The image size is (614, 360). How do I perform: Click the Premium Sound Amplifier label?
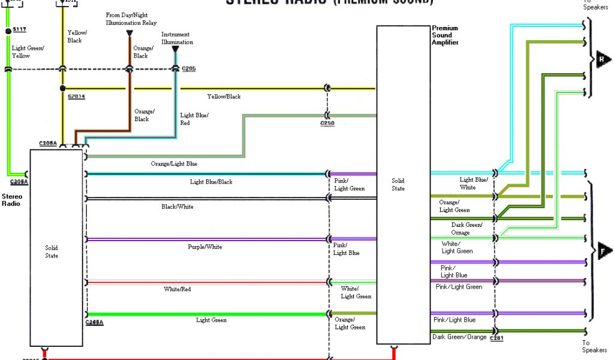445,35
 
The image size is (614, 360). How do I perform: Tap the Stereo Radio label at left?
11,200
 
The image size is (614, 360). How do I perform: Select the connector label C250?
327,123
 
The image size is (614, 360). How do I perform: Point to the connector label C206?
188,68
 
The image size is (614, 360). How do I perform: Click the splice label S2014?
76,96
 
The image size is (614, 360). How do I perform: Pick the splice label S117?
19,31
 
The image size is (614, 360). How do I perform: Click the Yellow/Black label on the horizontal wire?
224,97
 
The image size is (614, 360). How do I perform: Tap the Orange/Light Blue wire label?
174,164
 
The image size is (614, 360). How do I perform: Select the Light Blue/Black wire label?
211,182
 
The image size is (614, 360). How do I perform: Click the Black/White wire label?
177,207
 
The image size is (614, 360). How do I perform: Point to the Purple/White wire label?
205,247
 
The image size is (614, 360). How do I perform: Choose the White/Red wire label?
177,289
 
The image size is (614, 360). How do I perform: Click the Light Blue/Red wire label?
194,119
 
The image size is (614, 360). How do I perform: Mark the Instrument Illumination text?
177,38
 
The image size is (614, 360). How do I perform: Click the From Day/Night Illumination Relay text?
131,19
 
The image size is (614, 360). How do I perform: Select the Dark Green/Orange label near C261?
459,337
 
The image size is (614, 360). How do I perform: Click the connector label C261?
496,339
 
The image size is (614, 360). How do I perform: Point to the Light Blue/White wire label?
474,184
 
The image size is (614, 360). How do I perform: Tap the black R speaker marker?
603,59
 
